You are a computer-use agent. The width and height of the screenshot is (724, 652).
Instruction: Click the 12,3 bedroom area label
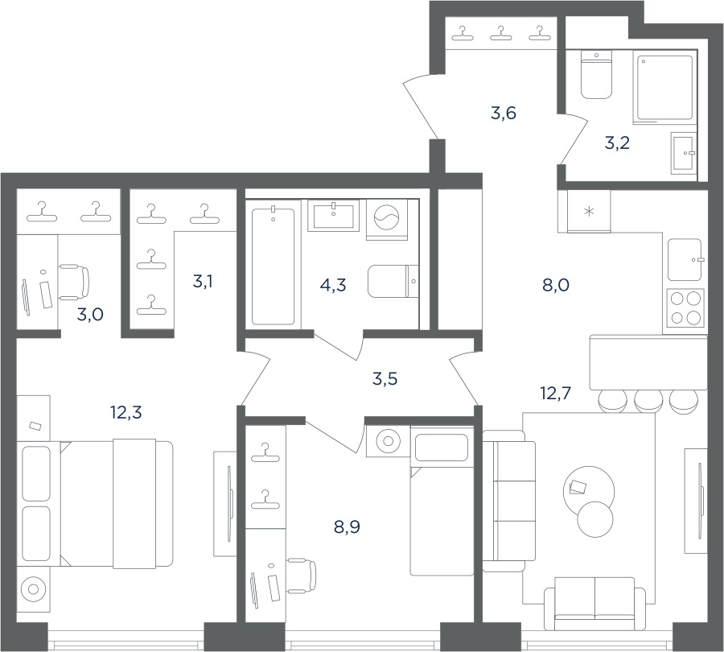(126, 412)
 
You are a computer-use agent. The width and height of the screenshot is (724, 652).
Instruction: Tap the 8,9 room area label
(347, 526)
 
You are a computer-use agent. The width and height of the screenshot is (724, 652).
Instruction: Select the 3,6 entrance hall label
(503, 113)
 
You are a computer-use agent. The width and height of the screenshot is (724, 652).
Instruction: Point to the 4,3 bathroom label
(333, 285)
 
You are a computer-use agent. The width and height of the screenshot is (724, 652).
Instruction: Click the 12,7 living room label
(555, 394)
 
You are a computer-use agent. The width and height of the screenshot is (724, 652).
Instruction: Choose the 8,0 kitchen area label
(556, 285)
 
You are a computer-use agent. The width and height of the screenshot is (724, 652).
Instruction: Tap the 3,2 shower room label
(617, 143)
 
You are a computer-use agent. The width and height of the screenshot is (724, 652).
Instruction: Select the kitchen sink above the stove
(685, 260)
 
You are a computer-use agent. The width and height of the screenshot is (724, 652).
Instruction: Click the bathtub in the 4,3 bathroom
(274, 266)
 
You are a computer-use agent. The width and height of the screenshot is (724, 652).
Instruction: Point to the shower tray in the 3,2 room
(665, 88)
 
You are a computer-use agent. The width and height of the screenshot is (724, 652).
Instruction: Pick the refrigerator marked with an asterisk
(589, 211)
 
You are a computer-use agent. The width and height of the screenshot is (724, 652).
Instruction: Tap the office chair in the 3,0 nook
(74, 283)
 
